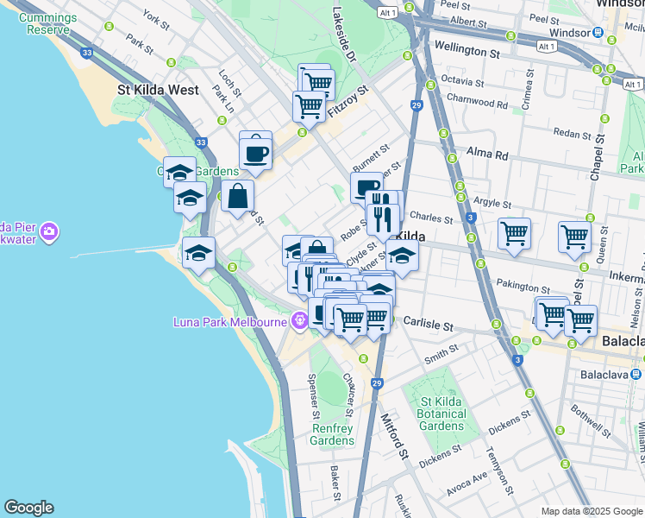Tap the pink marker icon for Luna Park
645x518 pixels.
click(x=299, y=320)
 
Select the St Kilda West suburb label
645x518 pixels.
click(x=158, y=90)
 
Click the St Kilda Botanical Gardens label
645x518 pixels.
click(x=443, y=414)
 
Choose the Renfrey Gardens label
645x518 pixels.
click(x=332, y=434)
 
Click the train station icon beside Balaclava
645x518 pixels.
click(x=636, y=374)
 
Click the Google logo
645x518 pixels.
click(x=28, y=508)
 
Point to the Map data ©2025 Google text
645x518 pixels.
click(x=592, y=511)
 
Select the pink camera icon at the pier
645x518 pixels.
click(x=49, y=231)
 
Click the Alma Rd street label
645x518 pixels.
click(x=488, y=155)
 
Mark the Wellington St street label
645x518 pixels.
click(x=467, y=51)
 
